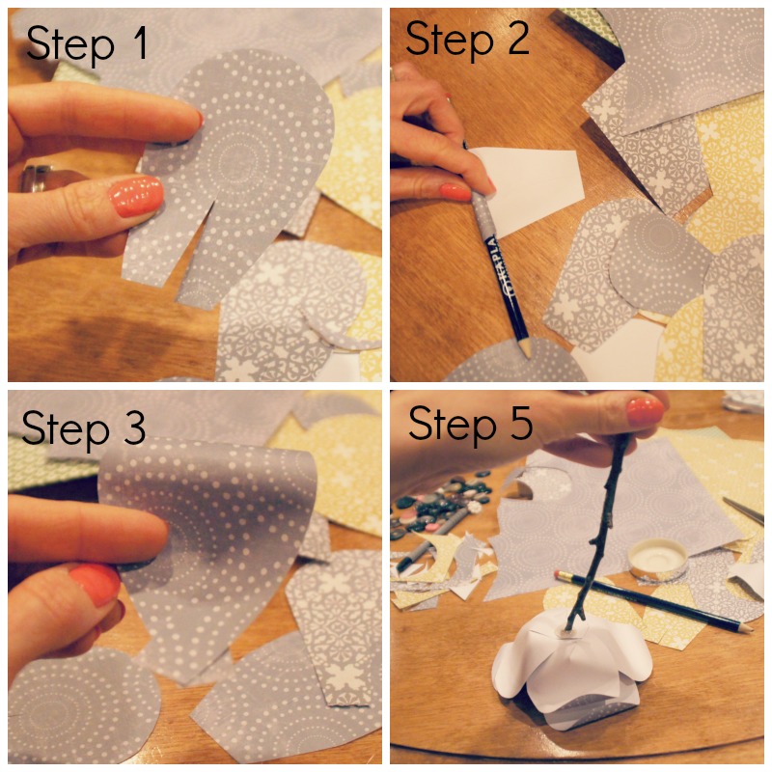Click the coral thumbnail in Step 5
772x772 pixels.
click(x=644, y=411)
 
